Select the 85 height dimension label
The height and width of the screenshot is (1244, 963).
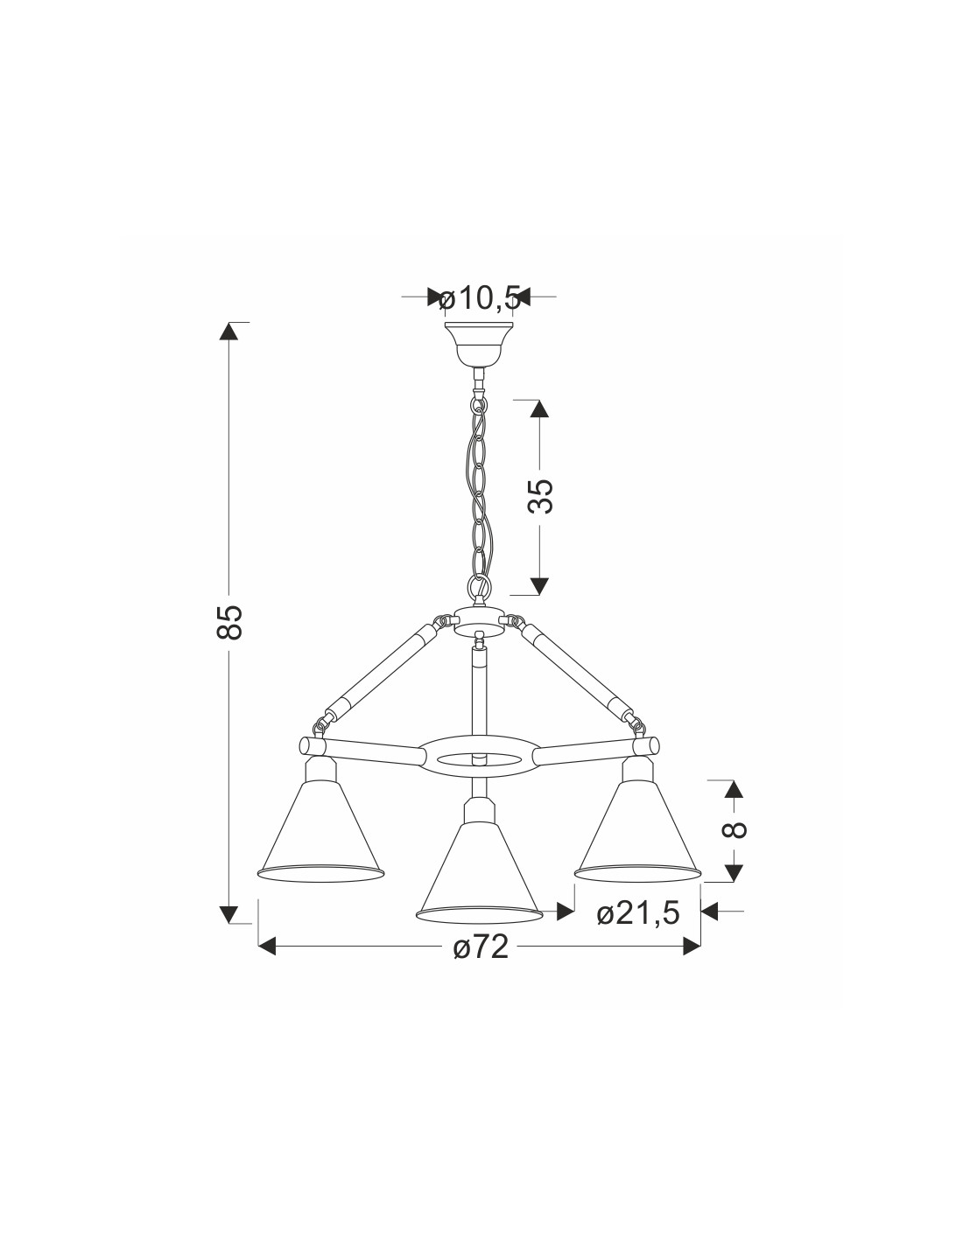(230, 621)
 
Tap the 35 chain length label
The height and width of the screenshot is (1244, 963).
(540, 495)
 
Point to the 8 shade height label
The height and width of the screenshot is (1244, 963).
(734, 828)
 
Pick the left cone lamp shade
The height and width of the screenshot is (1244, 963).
(320, 833)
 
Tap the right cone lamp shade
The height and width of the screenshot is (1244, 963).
(637, 833)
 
